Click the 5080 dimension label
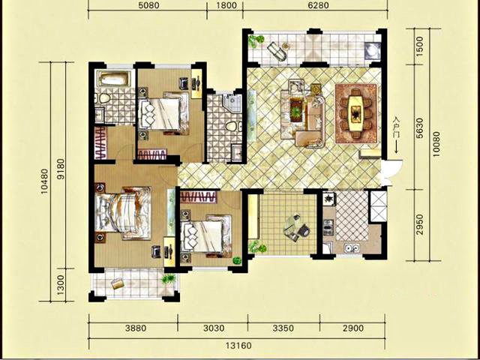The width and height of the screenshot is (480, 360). click(x=148, y=5)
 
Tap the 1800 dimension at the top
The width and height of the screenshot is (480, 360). click(x=226, y=5)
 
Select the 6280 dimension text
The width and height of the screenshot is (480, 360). click(x=319, y=5)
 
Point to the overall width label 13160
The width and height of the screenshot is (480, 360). click(x=238, y=346)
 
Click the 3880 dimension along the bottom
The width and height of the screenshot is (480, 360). click(x=136, y=328)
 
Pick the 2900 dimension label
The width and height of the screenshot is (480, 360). click(x=353, y=328)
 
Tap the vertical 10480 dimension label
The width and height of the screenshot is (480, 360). click(x=44, y=181)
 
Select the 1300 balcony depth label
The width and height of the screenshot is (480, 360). click(x=61, y=285)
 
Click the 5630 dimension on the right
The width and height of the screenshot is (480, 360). click(x=420, y=127)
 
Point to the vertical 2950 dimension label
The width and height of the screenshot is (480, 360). click(x=420, y=225)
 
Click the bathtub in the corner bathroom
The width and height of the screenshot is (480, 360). click(x=113, y=78)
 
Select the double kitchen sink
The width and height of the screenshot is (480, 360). click(x=351, y=247)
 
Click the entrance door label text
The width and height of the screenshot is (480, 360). click(x=397, y=127)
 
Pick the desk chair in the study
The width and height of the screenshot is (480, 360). click(x=304, y=230)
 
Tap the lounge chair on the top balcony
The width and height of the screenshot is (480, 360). click(x=277, y=52)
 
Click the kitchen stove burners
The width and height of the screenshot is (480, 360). click(x=329, y=199)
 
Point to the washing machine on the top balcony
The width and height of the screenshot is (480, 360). click(x=372, y=50)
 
